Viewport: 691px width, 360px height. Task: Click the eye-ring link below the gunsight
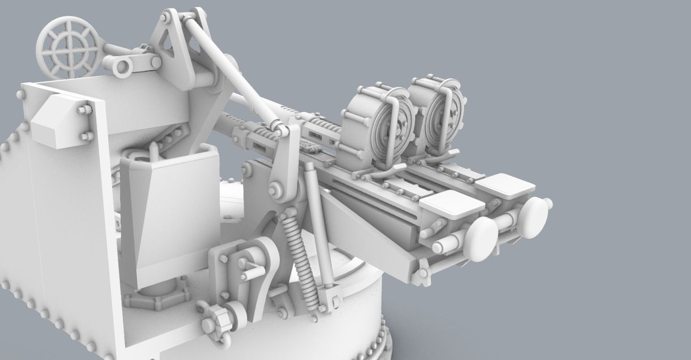point(121,67)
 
